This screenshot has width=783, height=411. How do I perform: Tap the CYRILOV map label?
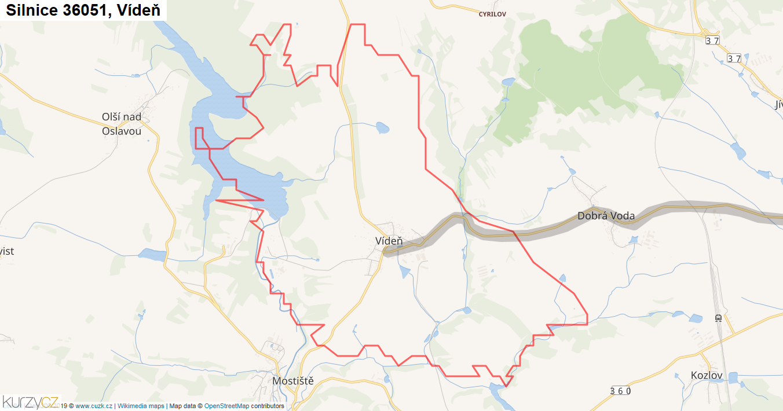pos(492,14)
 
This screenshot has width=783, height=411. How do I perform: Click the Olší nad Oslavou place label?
pos(122,124)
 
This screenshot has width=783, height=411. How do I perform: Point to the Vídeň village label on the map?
pos(389,241)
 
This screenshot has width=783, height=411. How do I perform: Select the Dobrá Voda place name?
pos(606,216)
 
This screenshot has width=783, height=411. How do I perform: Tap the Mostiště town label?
pos(293,381)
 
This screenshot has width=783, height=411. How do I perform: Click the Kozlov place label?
pos(707,376)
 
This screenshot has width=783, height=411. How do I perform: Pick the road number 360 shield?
pos(620,391)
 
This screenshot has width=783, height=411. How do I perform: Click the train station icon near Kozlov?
pos(718,318)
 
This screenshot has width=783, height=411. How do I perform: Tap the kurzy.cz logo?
pos(30,402)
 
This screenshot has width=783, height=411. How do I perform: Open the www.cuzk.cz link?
pos(94,406)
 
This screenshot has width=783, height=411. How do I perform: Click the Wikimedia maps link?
pos(141,406)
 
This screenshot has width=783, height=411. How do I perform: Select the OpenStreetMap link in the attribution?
pos(226,406)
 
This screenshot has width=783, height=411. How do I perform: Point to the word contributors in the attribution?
pos(268,406)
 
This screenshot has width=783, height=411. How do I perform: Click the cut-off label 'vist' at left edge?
pos(7,251)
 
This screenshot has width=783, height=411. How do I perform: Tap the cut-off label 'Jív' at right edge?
pos(777,105)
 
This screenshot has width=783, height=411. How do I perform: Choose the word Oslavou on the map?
pos(122,131)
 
